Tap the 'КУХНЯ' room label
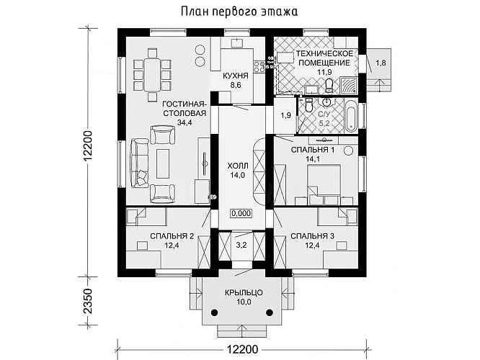coord(236,75)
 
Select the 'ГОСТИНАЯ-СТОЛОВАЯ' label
coord(185,109)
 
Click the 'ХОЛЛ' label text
coord(237,163)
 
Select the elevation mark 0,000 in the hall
coord(241,213)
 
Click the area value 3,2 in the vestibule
coord(241,246)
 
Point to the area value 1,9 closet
coord(285,115)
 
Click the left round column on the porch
coord(215,313)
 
